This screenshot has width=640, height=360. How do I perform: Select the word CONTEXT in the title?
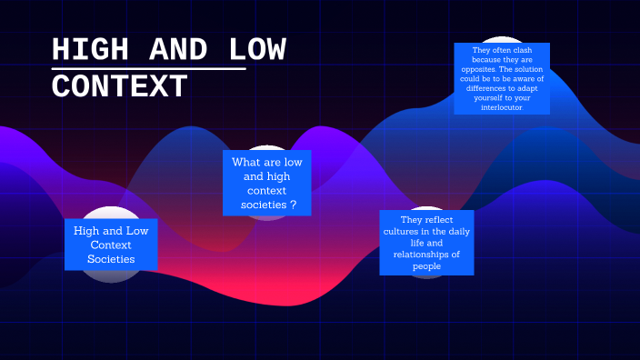coord(120,87)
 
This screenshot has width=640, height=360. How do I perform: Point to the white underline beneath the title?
coord(149,68)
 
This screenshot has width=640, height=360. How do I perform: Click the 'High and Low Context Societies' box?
coord(111,245)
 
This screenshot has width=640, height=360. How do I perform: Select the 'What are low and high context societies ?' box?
coord(267,183)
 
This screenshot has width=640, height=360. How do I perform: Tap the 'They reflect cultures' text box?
coord(426,243)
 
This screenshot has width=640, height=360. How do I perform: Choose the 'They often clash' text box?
coord(502,78)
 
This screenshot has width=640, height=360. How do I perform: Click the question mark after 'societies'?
coord(293,205)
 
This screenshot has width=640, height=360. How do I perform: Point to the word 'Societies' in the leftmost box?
coord(111,259)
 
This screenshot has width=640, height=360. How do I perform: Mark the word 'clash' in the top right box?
coord(521,50)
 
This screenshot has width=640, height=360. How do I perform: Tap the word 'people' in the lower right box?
coord(426,266)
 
